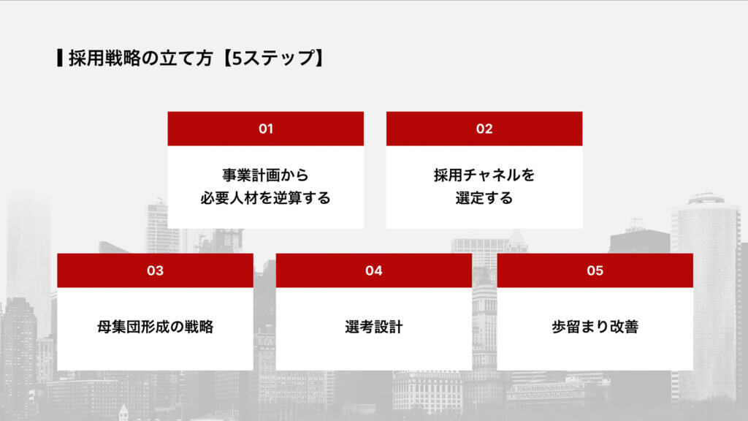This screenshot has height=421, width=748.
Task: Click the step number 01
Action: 265,129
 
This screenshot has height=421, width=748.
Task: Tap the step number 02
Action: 484,129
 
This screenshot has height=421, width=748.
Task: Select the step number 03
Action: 155,270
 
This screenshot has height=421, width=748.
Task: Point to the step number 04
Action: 374,270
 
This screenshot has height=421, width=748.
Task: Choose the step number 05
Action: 595,270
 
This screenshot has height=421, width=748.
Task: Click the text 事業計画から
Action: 265,175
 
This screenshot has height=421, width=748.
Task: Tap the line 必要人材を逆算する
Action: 265,198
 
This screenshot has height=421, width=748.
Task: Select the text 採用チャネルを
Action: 484,175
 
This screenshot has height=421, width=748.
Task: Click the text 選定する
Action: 484,198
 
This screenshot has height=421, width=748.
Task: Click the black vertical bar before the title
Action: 59,58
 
